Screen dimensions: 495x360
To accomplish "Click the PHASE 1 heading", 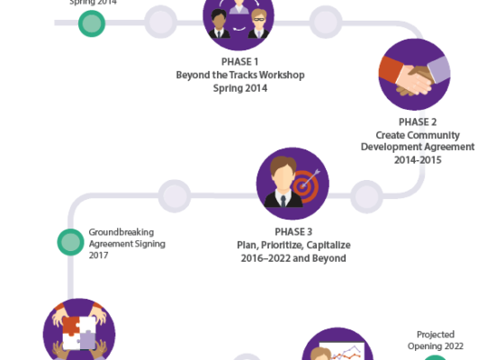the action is (x=239, y=61).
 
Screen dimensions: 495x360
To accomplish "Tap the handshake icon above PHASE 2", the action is (x=415, y=75).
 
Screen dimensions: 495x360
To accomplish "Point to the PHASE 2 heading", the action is (x=418, y=121).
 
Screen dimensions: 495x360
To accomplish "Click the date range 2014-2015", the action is (x=418, y=160).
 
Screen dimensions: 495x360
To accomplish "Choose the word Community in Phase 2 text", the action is (x=435, y=135).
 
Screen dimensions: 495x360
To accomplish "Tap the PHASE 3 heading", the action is (x=293, y=232).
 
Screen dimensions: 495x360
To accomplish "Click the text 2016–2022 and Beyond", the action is (x=293, y=258).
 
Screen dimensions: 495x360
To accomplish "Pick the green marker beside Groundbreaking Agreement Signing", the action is (x=71, y=242).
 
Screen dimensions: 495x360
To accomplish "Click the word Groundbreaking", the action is (x=121, y=232).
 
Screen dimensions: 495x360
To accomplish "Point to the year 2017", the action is (x=98, y=256).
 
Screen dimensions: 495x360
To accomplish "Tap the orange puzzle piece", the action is (x=71, y=326).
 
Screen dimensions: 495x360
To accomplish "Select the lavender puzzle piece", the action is (x=86, y=340).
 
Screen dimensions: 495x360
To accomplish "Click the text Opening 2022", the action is (x=436, y=346).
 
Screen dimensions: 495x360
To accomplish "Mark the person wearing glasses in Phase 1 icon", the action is (x=258, y=24).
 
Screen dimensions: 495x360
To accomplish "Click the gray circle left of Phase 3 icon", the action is (x=175, y=196).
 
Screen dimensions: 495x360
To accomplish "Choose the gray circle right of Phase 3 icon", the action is (x=366, y=196).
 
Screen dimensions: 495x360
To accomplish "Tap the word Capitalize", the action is (x=328, y=246).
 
